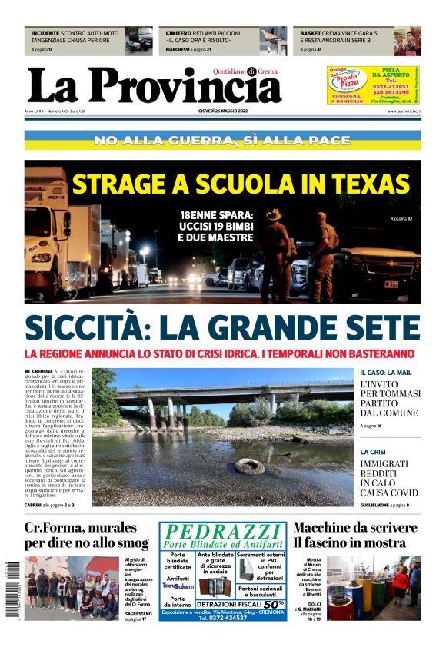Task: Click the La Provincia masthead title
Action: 154,85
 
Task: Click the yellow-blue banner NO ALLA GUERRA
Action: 222,141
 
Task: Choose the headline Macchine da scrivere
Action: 354,528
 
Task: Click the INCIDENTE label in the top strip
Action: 47,34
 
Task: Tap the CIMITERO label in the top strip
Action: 179,34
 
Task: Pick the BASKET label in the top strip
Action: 311,34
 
